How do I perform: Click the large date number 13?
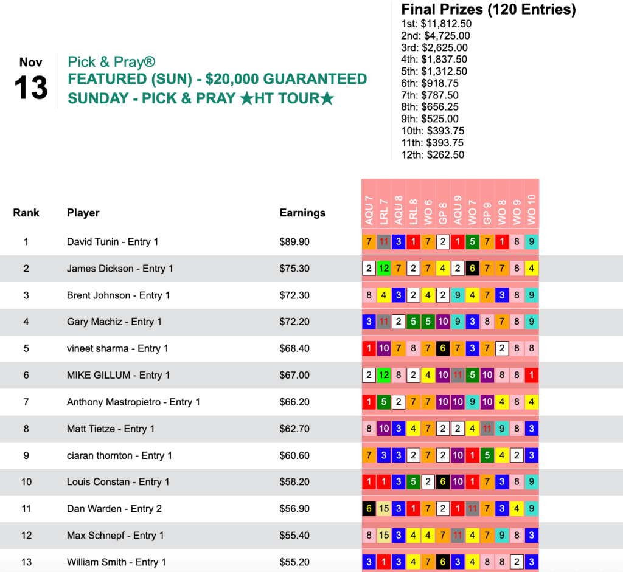[30, 89]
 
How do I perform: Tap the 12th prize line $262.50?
[433, 154]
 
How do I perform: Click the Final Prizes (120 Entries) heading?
[488, 10]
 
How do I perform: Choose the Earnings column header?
[302, 213]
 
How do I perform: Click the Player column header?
[83, 213]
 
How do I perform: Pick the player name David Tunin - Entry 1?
[113, 242]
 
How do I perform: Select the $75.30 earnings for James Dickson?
[294, 269]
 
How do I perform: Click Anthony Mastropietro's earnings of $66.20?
[294, 402]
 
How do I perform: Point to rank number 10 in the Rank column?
[26, 482]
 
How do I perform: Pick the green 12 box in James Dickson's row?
[383, 269]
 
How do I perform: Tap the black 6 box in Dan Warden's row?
[369, 509]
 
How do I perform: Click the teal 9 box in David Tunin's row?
[532, 242]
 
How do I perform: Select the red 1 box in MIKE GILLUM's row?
[532, 375]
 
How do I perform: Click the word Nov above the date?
[30, 62]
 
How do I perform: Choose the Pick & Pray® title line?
[112, 62]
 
